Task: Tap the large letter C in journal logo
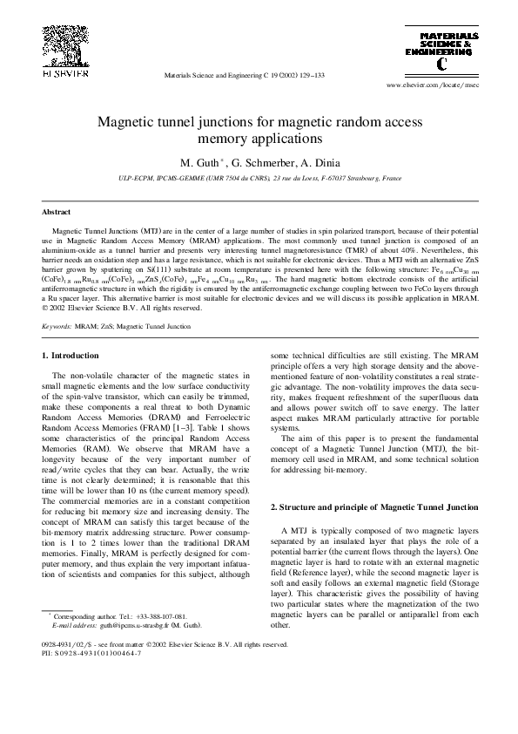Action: pyautogui.click(x=445, y=63)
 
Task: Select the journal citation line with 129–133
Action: pyautogui.click(x=244, y=76)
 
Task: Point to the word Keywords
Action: pyautogui.click(x=57, y=325)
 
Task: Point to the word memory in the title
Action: pyautogui.click(x=223, y=138)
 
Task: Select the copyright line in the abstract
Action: pyautogui.click(x=123, y=308)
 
